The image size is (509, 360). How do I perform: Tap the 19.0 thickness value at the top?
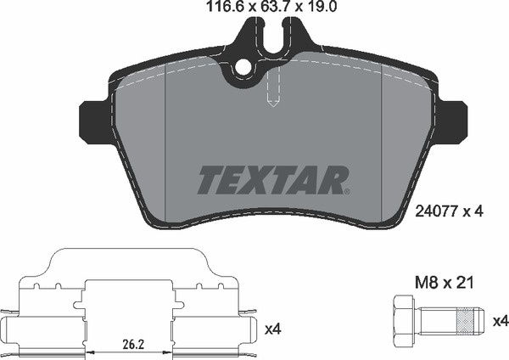[x=321, y=7]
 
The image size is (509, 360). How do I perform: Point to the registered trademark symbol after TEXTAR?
[x=346, y=192]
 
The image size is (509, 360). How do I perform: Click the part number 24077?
[x=437, y=211]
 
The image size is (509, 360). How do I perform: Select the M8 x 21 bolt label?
[x=445, y=283]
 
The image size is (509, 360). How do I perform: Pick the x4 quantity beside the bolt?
[x=501, y=322]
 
